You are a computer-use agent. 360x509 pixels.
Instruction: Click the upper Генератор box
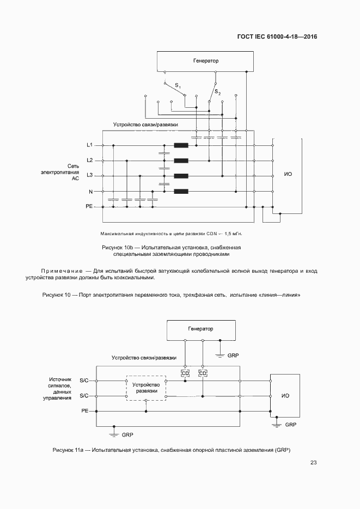[x=205, y=60]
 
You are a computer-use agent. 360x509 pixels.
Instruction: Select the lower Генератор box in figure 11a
[x=200, y=329]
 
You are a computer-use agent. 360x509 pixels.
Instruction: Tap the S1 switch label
[x=178, y=85]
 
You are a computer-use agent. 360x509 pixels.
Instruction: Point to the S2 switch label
[x=217, y=91]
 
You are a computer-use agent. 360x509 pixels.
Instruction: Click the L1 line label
[x=90, y=145]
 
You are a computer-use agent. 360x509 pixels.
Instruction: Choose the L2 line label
[x=90, y=160]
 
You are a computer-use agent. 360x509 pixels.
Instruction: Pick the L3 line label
[x=90, y=175]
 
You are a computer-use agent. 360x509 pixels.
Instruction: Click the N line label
[x=91, y=192]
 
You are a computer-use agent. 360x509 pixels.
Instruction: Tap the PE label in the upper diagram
[x=89, y=207]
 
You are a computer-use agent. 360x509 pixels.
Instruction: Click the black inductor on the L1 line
[x=181, y=145]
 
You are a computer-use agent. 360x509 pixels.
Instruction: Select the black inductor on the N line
[x=181, y=191]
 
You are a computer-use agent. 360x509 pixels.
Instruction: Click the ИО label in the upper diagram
[x=288, y=174]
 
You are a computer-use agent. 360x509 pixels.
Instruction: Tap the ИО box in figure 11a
[x=285, y=395]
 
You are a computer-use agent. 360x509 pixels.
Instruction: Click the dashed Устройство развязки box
[x=147, y=388]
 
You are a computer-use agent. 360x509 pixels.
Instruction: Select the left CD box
[x=185, y=373]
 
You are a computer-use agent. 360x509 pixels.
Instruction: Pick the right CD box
[x=203, y=373]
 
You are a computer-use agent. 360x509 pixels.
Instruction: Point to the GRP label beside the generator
[x=234, y=355]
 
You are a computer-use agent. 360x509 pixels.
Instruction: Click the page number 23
[x=313, y=463]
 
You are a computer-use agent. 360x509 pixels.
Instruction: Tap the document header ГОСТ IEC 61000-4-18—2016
[x=277, y=37]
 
